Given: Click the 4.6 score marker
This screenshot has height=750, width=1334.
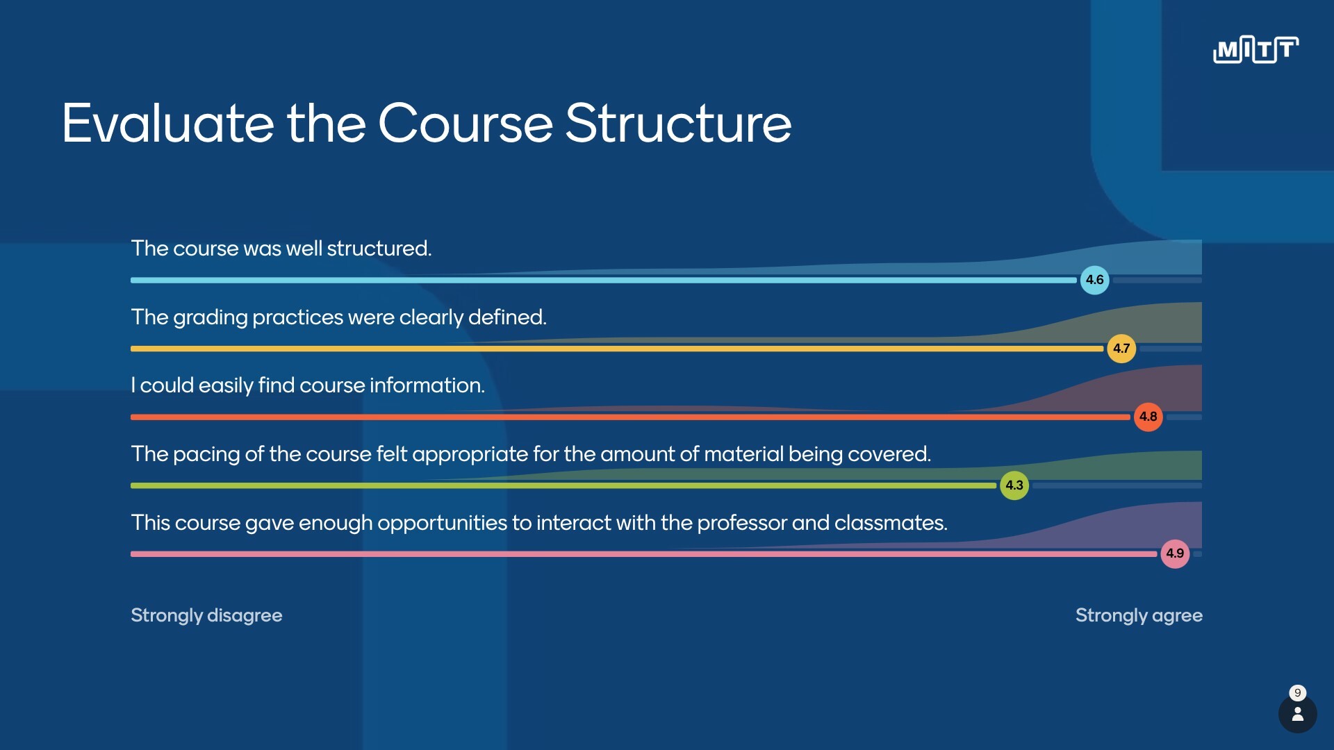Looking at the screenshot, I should point(1094,280).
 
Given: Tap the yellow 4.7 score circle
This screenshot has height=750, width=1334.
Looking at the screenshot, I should point(1121,349).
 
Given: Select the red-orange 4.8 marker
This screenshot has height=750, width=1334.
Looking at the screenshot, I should point(1148,417).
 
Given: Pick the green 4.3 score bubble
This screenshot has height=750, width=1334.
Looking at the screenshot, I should point(1014,485).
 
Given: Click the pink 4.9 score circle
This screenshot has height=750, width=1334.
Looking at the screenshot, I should point(1174,553).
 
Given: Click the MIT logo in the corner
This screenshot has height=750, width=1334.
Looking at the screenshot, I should point(1255,49).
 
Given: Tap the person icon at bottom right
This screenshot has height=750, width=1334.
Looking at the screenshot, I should point(1297,715).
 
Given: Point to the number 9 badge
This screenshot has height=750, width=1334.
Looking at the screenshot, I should point(1297,692).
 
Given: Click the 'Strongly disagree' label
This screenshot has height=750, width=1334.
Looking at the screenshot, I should point(206,615).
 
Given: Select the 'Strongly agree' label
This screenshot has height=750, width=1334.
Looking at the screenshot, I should point(1139,615).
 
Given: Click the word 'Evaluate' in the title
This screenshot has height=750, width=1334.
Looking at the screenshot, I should point(167,124).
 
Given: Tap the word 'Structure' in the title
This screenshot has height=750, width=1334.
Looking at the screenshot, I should point(678,124).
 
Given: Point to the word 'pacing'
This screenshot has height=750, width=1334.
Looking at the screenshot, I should point(206,454).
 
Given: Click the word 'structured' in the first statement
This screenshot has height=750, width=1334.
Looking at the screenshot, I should point(379,249).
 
